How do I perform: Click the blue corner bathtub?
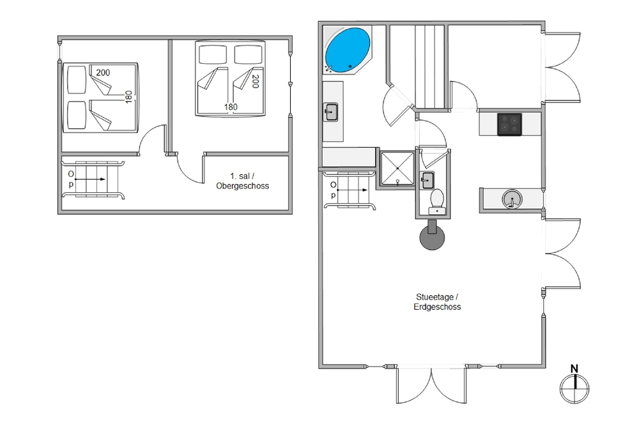(x=347, y=50)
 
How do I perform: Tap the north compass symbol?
(x=574, y=389)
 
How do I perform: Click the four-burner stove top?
(x=509, y=124)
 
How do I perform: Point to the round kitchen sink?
(x=512, y=199)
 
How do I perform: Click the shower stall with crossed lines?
(x=397, y=169)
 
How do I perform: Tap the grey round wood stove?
(x=432, y=235)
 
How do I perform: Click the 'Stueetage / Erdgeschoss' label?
(x=437, y=302)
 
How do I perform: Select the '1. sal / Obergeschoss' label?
(x=242, y=181)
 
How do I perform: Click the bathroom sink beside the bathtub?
(x=330, y=112)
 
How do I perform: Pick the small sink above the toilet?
(x=427, y=179)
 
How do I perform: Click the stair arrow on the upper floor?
(x=91, y=179)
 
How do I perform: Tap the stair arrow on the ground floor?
(x=353, y=190)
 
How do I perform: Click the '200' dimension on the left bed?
(x=103, y=73)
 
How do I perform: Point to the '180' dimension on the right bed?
(x=231, y=107)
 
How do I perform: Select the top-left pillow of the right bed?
(x=213, y=54)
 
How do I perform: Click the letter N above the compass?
(x=574, y=369)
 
